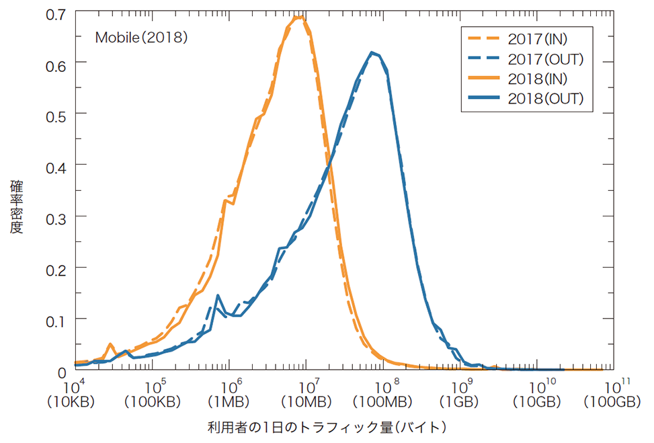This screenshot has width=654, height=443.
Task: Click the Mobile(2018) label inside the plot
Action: point(140,38)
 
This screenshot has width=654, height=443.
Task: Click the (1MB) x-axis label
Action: point(229,402)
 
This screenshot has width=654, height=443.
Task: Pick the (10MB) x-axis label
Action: point(306,402)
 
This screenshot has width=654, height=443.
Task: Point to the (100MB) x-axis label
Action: point(382,402)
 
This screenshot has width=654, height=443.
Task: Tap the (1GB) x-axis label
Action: point(459,402)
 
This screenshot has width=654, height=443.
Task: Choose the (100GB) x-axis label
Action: point(612,402)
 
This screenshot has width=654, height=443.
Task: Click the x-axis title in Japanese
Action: point(327,427)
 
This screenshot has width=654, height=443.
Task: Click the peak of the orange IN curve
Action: point(300,17)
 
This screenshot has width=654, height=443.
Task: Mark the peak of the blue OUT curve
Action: point(372,52)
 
